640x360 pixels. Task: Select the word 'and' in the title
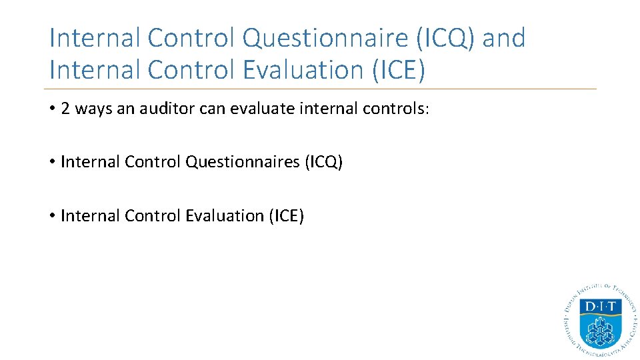(x=503, y=38)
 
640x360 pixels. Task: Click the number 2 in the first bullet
(x=65, y=109)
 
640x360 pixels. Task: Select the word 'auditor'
(x=161, y=109)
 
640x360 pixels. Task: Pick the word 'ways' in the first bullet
(x=93, y=109)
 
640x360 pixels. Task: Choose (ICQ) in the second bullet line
(x=323, y=162)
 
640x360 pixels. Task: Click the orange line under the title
(x=320, y=89)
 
